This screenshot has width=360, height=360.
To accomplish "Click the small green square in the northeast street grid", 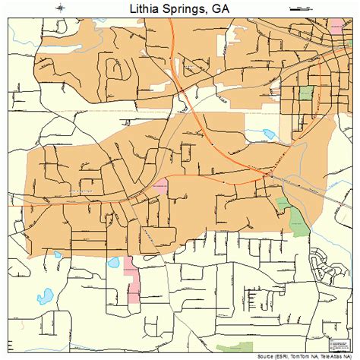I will (305, 93).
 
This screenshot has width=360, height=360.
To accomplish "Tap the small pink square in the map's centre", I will (159, 186).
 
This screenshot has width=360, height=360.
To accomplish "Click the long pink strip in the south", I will (133, 279).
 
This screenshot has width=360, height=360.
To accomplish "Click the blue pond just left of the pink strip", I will (115, 263).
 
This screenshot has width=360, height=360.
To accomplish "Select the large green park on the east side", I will (293, 216).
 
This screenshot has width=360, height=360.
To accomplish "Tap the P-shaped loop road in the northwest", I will (117, 70).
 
